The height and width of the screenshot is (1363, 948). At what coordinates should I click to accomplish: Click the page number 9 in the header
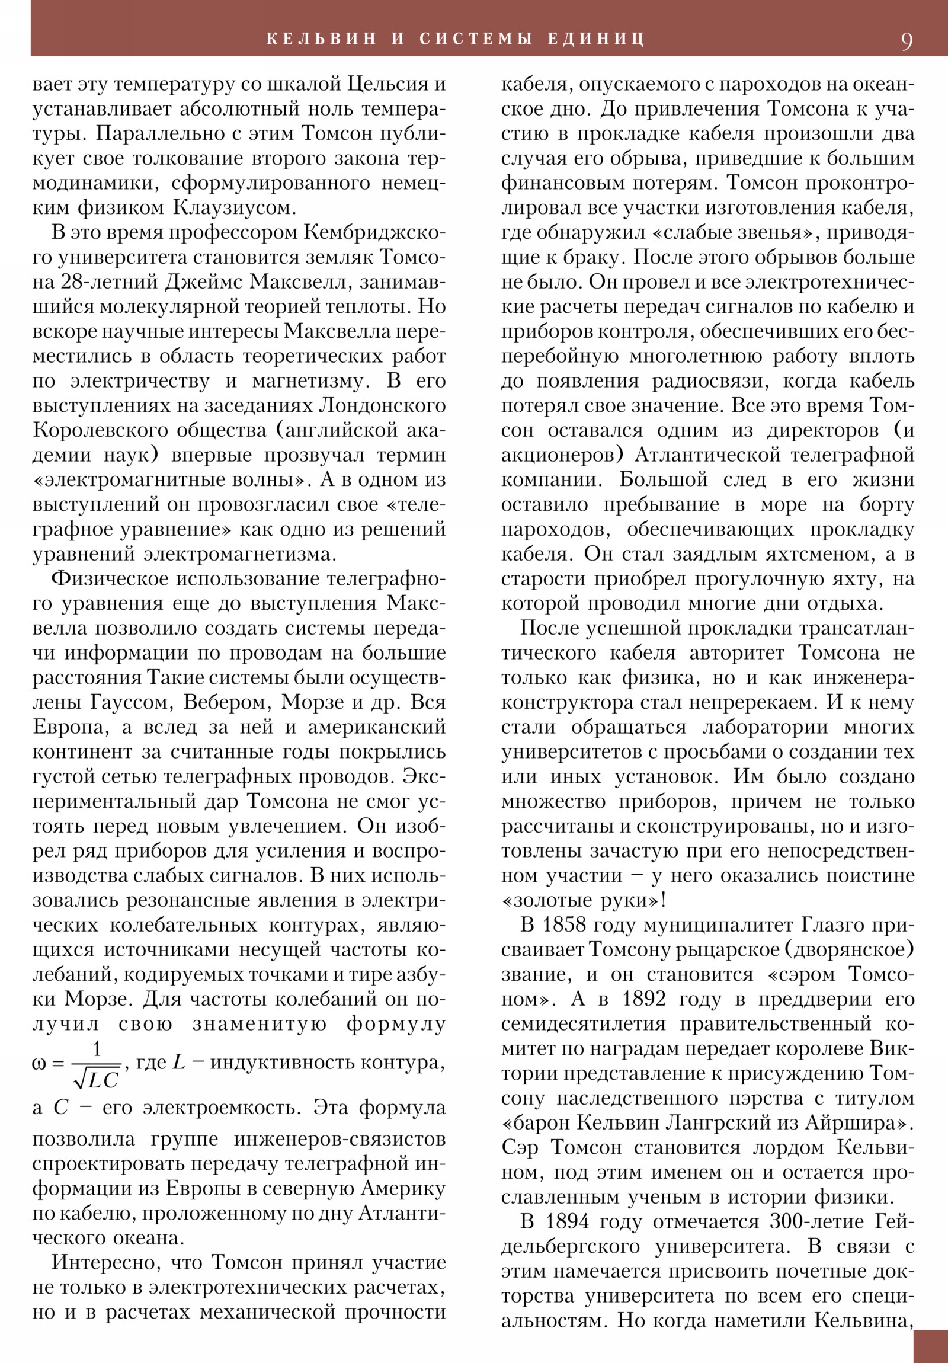pos(907,41)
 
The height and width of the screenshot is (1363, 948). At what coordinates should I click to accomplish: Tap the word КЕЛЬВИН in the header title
pos(321,39)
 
